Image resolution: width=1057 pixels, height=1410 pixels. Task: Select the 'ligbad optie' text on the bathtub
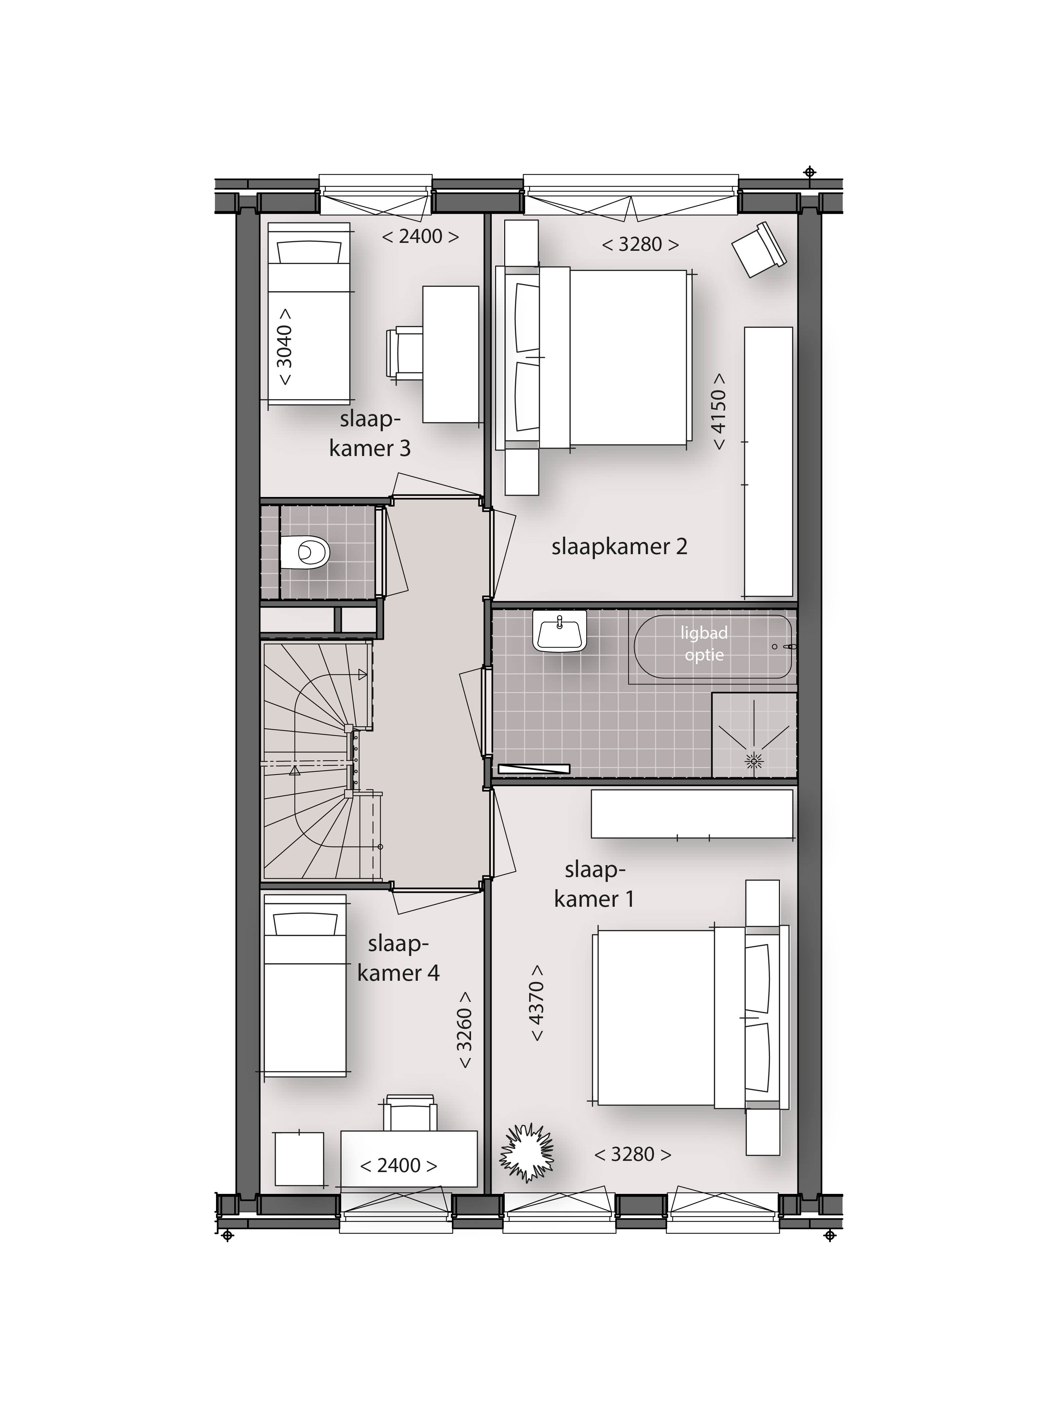point(704,644)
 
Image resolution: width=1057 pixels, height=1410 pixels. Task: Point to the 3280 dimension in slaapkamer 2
point(640,244)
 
